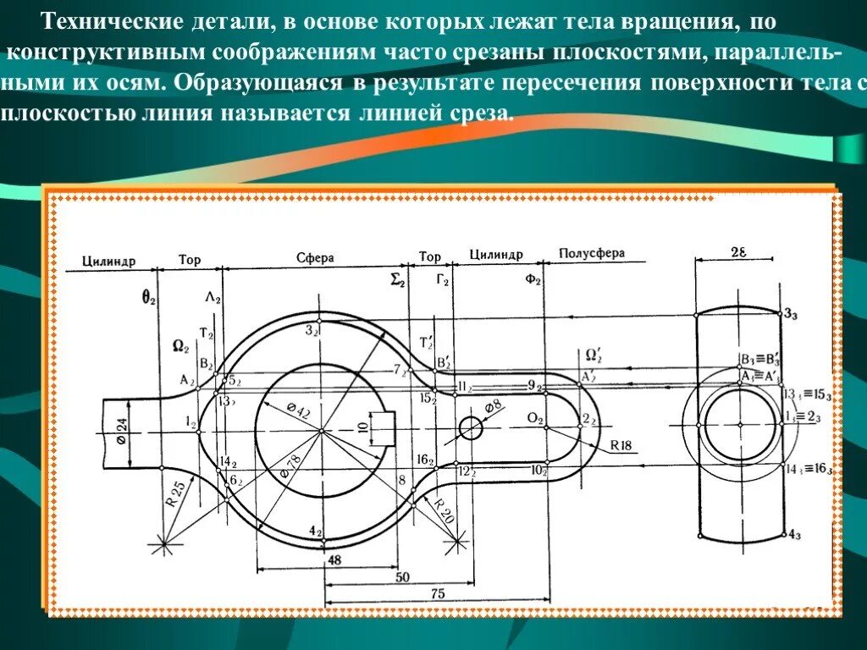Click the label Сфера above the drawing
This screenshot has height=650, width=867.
[315, 257]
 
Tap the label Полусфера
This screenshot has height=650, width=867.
[592, 254]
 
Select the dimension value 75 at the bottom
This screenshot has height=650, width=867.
[437, 595]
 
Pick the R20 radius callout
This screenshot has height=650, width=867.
[445, 511]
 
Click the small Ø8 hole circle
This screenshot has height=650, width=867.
[470, 428]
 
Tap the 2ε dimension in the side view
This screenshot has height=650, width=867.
[737, 251]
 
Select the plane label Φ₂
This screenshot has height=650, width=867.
[532, 280]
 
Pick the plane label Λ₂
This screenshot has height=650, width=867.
[212, 299]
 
